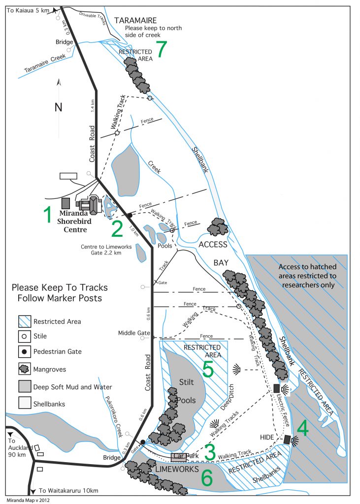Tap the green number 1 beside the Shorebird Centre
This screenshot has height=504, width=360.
point(48,215)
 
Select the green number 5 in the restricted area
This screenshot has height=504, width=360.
point(208,369)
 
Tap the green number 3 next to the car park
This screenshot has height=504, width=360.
point(210,452)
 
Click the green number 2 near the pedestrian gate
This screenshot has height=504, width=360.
point(117,229)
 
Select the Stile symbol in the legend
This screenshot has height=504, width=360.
point(25,337)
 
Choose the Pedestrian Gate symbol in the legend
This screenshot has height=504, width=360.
point(25,351)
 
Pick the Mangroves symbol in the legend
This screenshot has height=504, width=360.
point(25,369)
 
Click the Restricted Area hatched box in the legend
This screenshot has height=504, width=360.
point(25,321)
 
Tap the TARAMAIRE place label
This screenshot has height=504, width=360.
point(135,21)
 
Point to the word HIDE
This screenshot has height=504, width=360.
point(267,437)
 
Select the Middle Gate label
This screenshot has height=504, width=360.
point(134,333)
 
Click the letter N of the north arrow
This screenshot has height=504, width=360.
point(58,107)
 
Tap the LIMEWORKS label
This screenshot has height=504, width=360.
point(177,469)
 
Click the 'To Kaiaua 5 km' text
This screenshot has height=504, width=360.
point(28,11)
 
